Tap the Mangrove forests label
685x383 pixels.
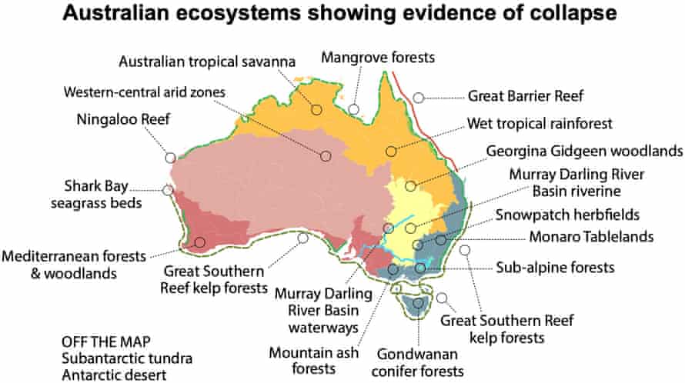pyautogui.click(x=378, y=57)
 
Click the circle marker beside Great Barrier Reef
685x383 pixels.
pyautogui.click(x=418, y=98)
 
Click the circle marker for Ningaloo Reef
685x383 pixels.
pyautogui.click(x=170, y=158)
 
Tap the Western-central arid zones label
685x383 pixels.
pyautogui.click(x=145, y=92)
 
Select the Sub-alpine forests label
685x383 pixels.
pyautogui.click(x=554, y=268)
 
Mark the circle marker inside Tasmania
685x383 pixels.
pyautogui.click(x=418, y=303)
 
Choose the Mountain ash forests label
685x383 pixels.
pyautogui.click(x=304, y=361)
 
